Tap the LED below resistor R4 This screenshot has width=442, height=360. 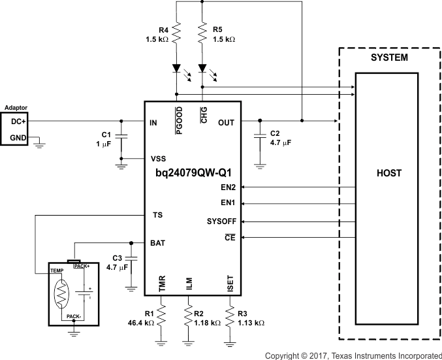click(177, 68)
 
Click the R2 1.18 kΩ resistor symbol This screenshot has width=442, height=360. click(189, 318)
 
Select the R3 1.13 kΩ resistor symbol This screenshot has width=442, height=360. click(230, 318)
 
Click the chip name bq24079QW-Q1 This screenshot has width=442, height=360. click(193, 173)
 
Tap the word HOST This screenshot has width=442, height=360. click(389, 173)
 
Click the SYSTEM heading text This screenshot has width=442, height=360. click(389, 57)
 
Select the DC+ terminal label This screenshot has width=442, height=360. click(16, 121)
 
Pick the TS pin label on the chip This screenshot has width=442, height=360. click(157, 214)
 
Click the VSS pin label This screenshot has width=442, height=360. click(159, 159)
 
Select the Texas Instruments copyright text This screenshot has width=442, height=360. click(353, 355)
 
